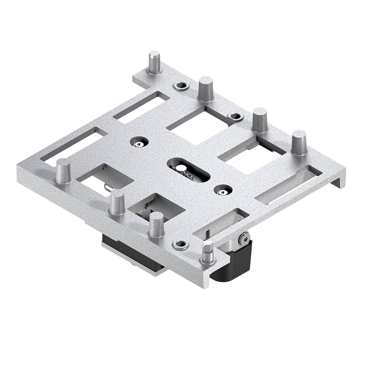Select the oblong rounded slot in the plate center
(x=189, y=170)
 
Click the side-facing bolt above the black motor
(x=244, y=239)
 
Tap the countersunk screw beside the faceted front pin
(x=180, y=244)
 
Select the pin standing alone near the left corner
(x=63, y=171)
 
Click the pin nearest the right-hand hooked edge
(x=299, y=143)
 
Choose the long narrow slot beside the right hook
(x=289, y=185)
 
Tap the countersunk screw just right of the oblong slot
(x=223, y=190)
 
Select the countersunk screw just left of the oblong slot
(x=139, y=142)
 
